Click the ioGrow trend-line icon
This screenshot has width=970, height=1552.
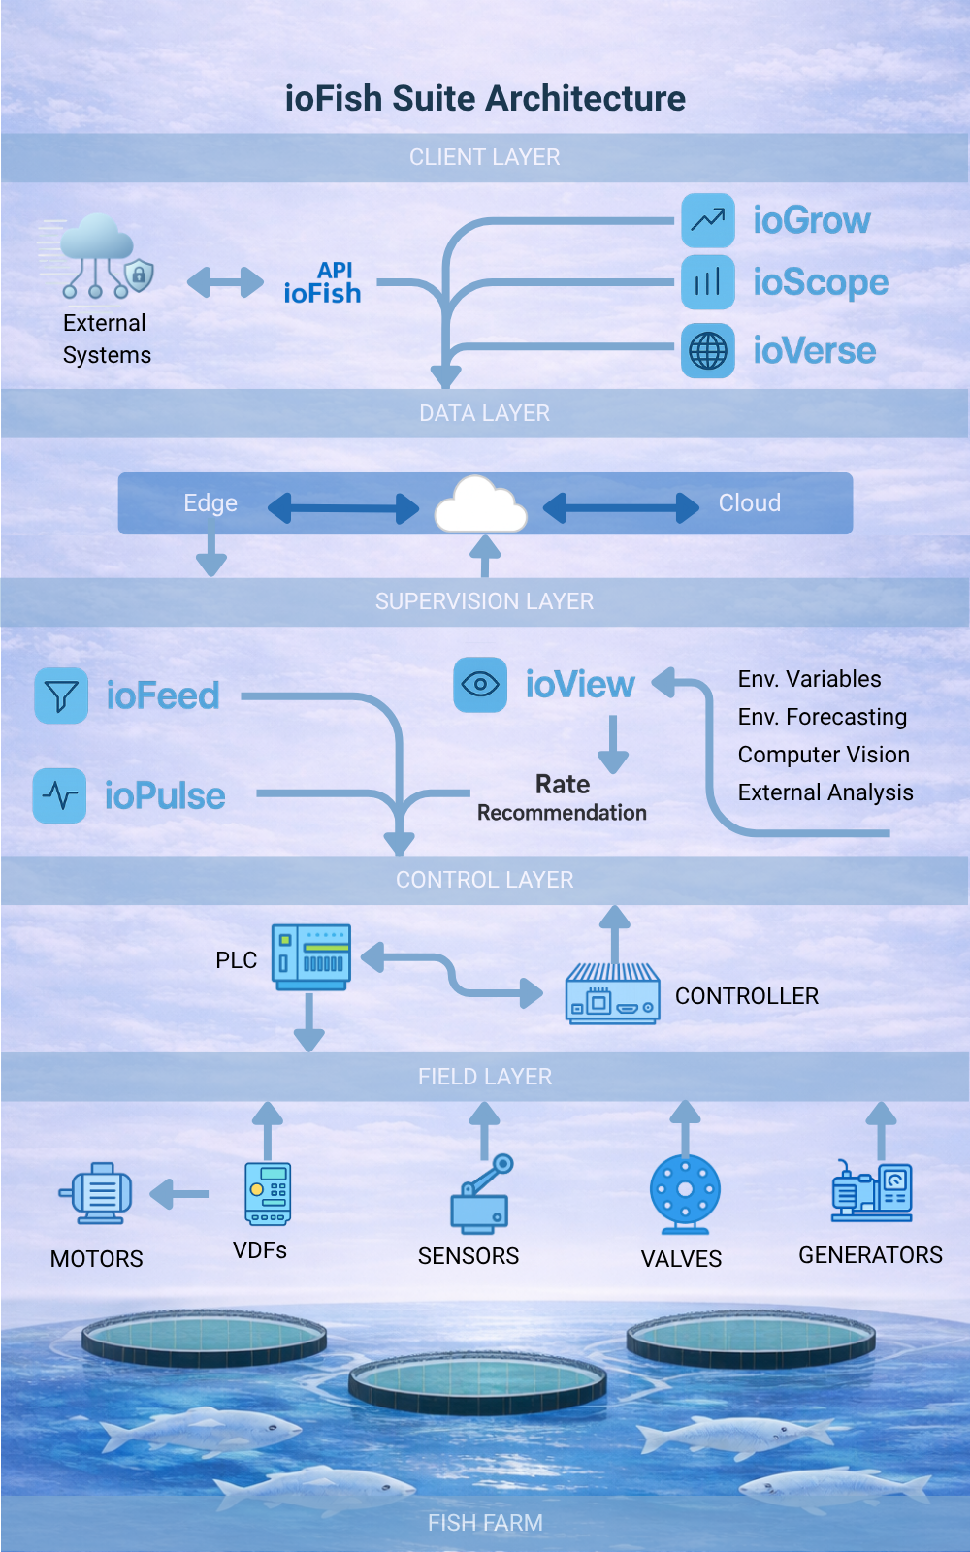click(707, 220)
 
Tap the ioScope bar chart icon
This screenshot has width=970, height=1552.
click(707, 282)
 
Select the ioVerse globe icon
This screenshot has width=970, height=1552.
click(707, 351)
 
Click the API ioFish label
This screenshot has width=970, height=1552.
click(323, 283)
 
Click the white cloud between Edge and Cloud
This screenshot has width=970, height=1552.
click(481, 505)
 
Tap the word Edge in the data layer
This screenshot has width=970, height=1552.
click(210, 503)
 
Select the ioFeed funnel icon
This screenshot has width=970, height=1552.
click(61, 695)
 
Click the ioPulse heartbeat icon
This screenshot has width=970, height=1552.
click(60, 795)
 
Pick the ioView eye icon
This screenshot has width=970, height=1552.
click(480, 685)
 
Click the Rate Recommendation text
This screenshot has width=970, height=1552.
click(562, 798)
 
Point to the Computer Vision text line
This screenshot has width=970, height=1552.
click(824, 755)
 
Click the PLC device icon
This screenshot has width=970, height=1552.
click(310, 957)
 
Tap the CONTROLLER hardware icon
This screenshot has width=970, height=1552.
click(612, 993)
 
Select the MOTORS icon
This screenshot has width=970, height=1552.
click(97, 1193)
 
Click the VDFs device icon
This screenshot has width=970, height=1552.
click(268, 1194)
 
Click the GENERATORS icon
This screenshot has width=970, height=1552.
click(871, 1192)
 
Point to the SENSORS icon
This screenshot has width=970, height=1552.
click(481, 1194)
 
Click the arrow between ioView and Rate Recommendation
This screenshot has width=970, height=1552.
click(613, 744)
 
